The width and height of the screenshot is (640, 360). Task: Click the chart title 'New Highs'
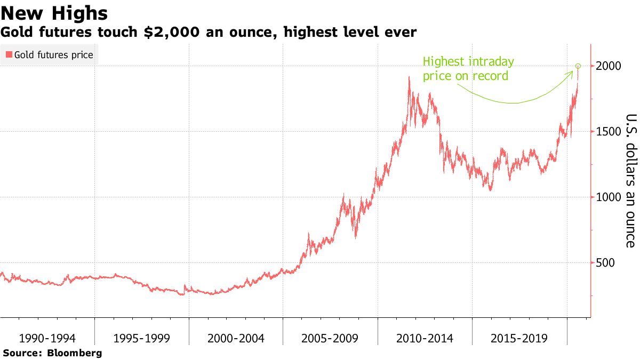coord(54,13)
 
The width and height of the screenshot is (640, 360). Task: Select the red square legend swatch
coord(9,55)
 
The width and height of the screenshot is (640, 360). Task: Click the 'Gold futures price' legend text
coord(53,55)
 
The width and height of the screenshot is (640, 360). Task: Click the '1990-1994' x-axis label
coord(47,338)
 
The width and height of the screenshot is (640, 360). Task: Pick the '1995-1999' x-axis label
coord(141,338)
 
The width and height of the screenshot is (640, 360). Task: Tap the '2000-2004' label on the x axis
coord(236,338)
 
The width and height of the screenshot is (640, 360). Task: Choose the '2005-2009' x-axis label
coord(330,338)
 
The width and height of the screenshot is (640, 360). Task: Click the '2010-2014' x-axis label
coord(425,338)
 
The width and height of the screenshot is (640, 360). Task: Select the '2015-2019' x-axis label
coord(518,338)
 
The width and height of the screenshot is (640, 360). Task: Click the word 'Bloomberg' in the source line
coord(75,353)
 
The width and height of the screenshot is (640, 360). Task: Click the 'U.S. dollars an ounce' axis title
coord(631,181)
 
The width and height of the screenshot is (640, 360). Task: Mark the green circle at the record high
coord(578,66)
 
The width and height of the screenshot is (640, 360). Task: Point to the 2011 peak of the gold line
coord(409,77)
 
